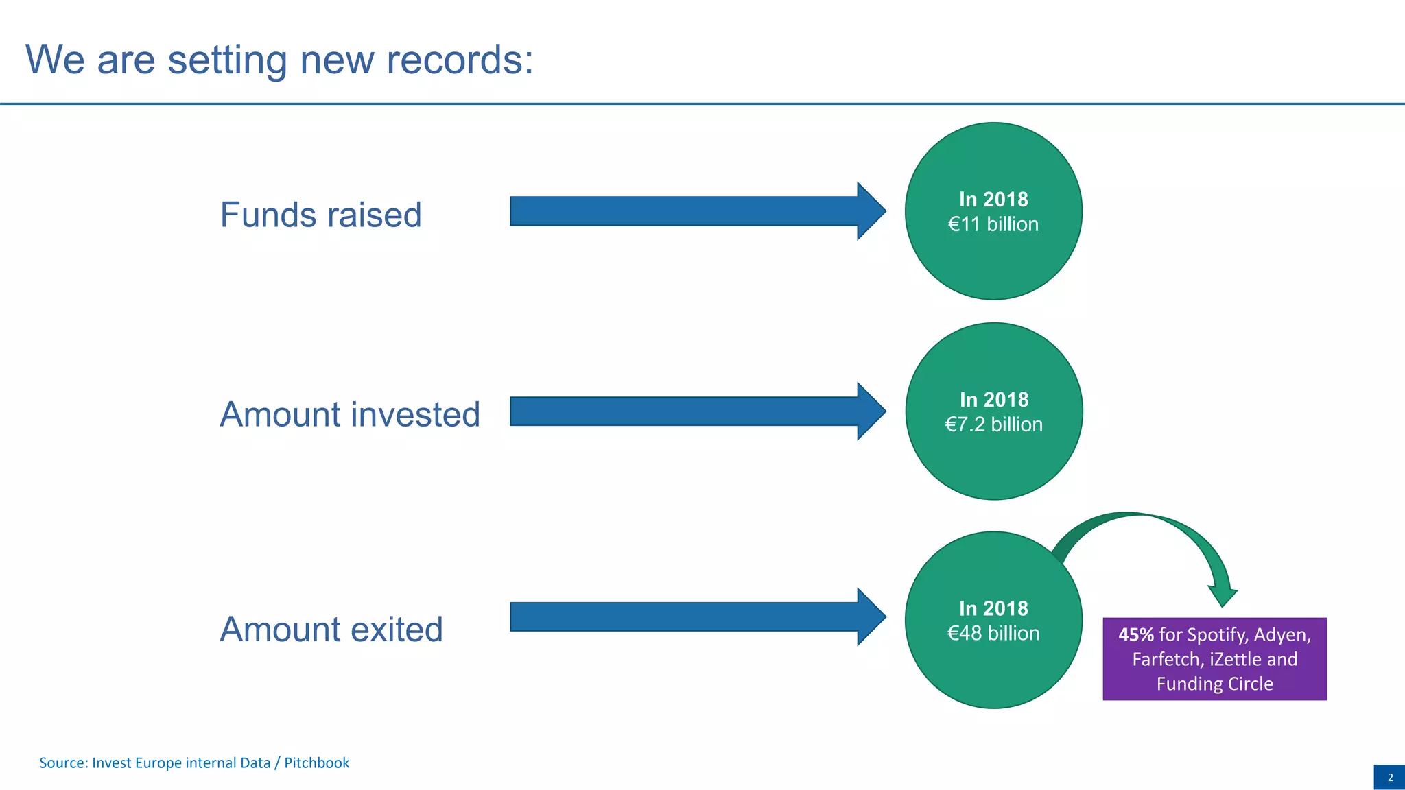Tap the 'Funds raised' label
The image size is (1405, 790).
click(x=320, y=215)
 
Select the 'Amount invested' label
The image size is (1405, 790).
click(x=350, y=414)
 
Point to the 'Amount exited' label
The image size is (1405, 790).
click(x=331, y=629)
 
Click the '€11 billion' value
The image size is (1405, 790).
click(x=993, y=224)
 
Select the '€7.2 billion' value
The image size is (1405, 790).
click(x=993, y=424)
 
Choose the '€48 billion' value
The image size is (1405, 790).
click(x=993, y=633)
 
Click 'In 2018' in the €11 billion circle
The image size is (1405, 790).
click(x=993, y=200)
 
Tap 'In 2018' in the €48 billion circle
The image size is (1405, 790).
click(x=993, y=608)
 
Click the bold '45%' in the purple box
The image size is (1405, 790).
click(x=1136, y=635)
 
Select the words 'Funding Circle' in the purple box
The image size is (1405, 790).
click(x=1214, y=684)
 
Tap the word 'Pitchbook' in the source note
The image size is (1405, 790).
click(x=316, y=763)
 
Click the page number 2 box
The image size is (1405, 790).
click(x=1389, y=777)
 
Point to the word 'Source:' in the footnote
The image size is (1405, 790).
click(x=63, y=763)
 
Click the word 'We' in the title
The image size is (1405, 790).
click(x=55, y=60)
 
